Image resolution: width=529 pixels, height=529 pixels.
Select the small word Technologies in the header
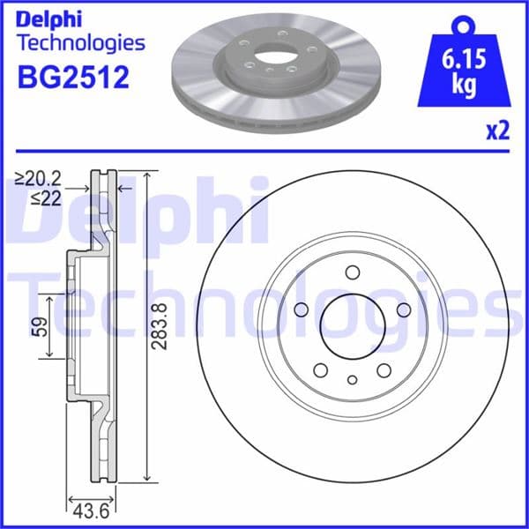tap(80, 41)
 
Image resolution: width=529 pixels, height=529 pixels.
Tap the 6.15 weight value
tap(464, 62)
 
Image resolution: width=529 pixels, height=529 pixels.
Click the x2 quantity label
tap(498, 132)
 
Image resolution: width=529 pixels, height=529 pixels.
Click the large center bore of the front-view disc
tap(352, 322)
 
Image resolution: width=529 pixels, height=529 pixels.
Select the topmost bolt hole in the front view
tap(352, 272)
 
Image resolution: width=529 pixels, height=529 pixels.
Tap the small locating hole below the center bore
tap(352, 380)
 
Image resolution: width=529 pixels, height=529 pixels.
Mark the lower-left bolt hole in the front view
tap(321, 369)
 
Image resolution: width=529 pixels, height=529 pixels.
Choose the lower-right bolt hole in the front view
tap(384, 369)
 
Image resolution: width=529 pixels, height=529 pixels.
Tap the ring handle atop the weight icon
tap(464, 24)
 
